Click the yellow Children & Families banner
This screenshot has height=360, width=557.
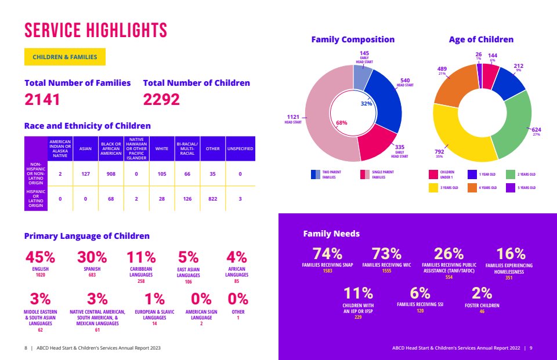pos(64,57)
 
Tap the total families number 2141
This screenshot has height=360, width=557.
pos(42,99)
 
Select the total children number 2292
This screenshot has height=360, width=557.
pos(161,99)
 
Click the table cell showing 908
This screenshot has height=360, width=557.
pos(111,174)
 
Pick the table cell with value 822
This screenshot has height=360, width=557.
pos(212,199)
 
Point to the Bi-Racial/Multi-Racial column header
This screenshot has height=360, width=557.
pos(187,149)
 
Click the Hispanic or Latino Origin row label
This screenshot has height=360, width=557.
pos(36,198)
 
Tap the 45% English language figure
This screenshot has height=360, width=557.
pos(40,257)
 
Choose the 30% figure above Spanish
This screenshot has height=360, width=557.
pos(92,257)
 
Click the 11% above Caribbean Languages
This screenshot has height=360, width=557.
pos(141,257)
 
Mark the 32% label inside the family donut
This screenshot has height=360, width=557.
pos(366,104)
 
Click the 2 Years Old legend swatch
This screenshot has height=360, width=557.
pos(511,174)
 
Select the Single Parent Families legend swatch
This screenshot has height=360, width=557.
pos(365,174)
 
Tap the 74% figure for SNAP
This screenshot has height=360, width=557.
pos(327,254)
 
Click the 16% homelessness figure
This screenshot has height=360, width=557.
pos(511,254)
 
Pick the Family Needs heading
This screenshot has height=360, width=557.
pos(331,234)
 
